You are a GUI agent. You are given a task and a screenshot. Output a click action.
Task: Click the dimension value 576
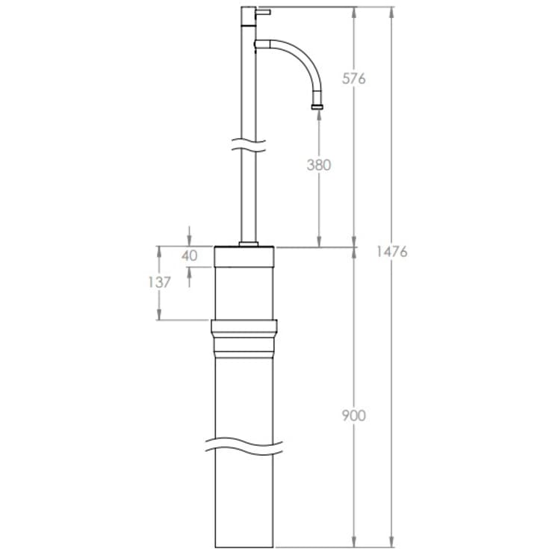point(354,78)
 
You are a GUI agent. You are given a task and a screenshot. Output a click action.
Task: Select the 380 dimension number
point(319,165)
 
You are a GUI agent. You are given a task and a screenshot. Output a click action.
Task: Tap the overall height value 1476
point(391,252)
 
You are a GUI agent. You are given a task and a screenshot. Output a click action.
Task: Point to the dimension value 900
point(354,415)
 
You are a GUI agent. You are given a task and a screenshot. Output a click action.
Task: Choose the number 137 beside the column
point(159,282)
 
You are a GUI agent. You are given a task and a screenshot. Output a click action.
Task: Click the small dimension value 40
point(190,255)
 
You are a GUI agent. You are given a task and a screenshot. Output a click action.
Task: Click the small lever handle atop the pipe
point(263,11)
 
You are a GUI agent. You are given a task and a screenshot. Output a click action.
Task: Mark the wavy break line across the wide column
point(247,445)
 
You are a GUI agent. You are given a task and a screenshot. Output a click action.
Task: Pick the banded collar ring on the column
point(245,335)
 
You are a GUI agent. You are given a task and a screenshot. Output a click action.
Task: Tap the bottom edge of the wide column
point(247,545)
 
